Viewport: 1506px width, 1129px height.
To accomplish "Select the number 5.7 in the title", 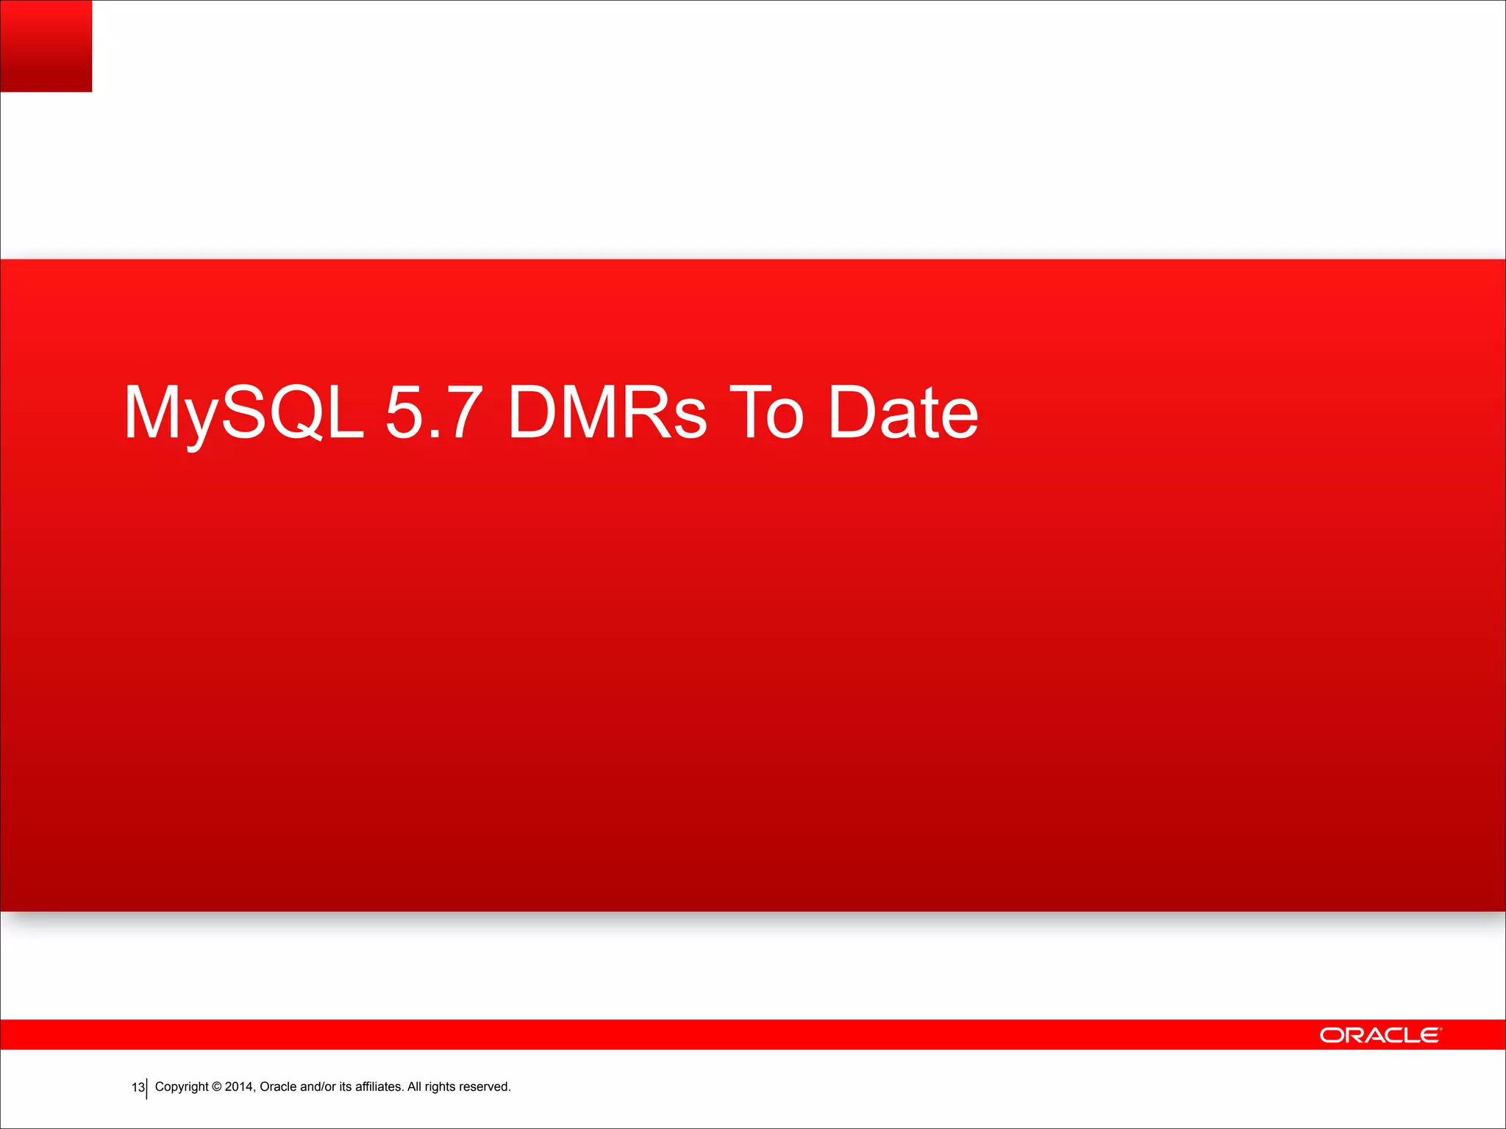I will (x=434, y=413).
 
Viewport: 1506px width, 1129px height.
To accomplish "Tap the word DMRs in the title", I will (x=607, y=413).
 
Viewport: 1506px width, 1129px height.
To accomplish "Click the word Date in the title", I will (x=903, y=413).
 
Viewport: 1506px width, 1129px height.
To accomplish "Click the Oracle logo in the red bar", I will (x=1380, y=1035).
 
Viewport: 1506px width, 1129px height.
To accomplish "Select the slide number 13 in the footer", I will (x=138, y=1087).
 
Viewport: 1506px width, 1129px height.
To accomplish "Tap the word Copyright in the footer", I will (x=182, y=1087).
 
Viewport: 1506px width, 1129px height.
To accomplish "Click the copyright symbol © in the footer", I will (x=216, y=1087).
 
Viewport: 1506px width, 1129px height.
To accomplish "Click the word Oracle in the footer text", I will (x=278, y=1087).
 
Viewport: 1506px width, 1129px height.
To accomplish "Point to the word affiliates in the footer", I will (x=379, y=1087).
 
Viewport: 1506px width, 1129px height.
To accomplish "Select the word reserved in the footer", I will (x=485, y=1087).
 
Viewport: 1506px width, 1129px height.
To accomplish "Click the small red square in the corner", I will (x=46, y=46).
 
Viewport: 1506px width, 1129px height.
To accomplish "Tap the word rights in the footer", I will (x=440, y=1087).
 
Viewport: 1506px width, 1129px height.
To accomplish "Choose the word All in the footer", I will (x=415, y=1087).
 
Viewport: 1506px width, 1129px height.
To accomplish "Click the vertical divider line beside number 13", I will (x=147, y=1089).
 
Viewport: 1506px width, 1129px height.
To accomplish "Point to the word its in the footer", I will (x=345, y=1087).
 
